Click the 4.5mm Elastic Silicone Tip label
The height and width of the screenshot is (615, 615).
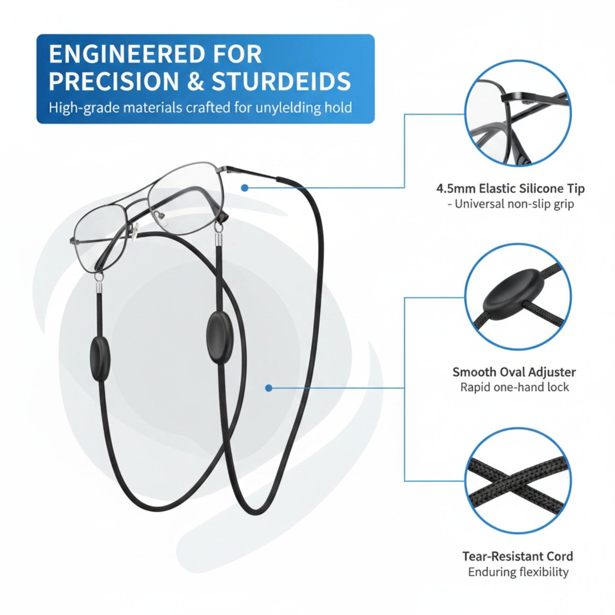point(510,189)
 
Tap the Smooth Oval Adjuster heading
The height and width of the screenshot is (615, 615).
point(514,372)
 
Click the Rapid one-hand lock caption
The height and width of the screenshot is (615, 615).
point(514,387)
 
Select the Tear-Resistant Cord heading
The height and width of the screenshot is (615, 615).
point(517,556)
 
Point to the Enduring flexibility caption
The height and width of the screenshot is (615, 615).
point(518,572)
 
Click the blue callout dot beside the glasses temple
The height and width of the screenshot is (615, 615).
point(244,188)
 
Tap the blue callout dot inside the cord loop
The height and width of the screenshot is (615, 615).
point(269,388)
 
